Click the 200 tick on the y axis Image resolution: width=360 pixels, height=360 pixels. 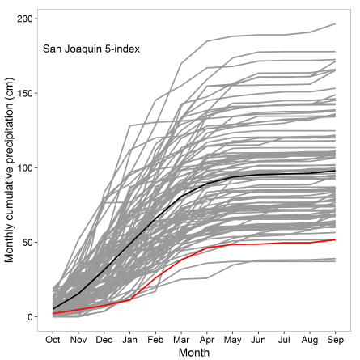(29, 19)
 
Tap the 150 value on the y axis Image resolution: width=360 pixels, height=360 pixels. (29, 93)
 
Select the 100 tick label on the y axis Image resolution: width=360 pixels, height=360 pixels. (29, 167)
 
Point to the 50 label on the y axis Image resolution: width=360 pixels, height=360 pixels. (32, 242)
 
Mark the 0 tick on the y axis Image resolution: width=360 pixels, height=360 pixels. (35, 316)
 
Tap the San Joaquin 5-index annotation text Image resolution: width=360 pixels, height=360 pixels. (91, 49)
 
